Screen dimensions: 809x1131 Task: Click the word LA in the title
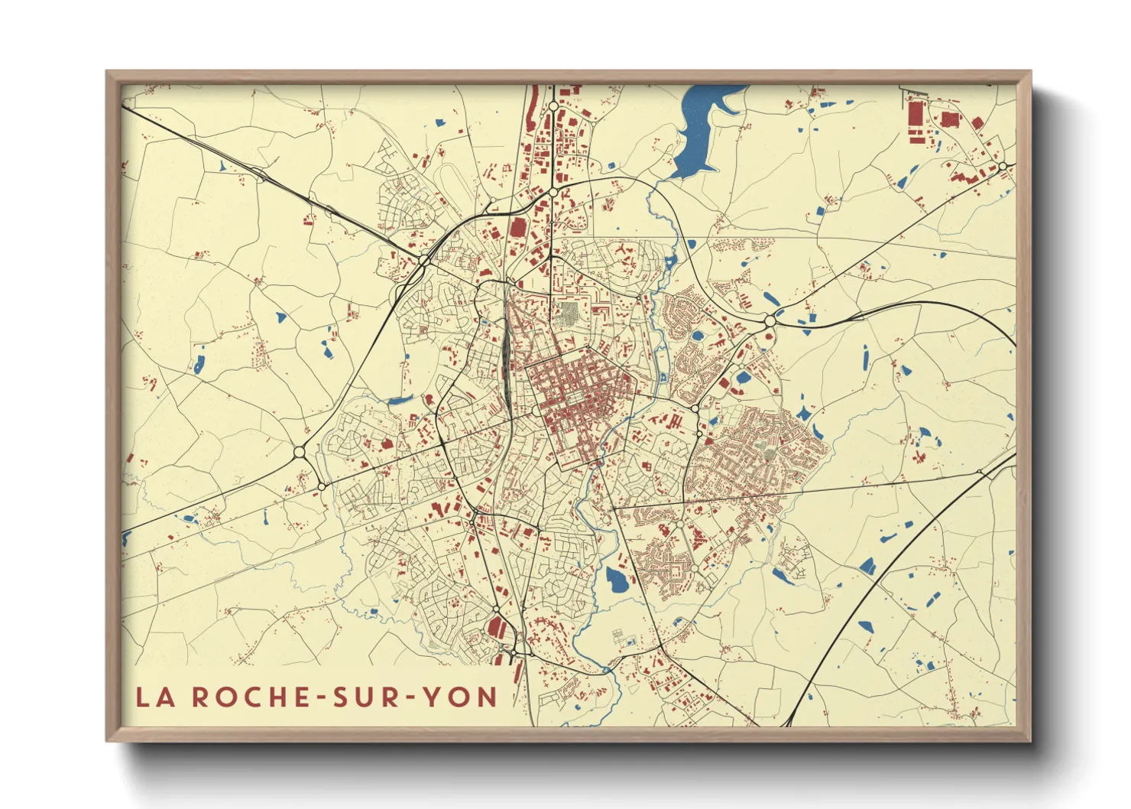click(x=154, y=697)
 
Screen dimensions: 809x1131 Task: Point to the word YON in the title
click(x=460, y=697)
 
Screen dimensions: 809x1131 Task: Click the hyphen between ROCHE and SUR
click(x=313, y=697)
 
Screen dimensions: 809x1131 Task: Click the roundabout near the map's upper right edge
click(x=1001, y=166)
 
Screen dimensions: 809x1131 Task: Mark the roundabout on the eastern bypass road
click(x=770, y=321)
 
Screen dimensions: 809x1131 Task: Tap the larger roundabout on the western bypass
click(x=300, y=452)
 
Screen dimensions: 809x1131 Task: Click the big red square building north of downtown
click(x=518, y=228)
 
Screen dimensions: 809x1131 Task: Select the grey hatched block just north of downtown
click(x=569, y=312)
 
